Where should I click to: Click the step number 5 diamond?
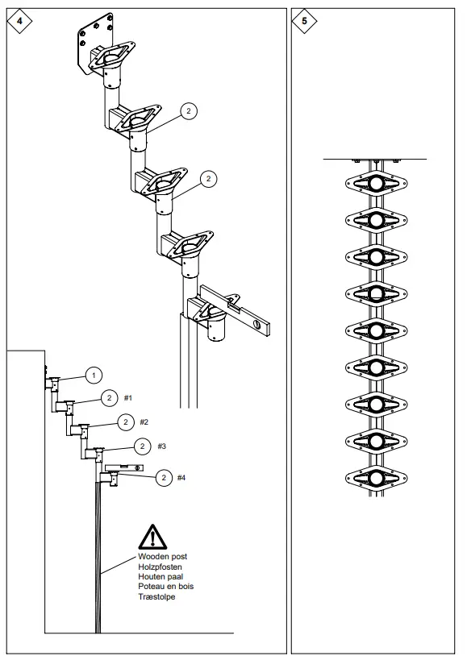[304, 21]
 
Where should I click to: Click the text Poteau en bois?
[166, 587]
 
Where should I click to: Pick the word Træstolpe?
[156, 597]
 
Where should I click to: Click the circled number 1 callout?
[94, 375]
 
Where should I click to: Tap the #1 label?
[129, 398]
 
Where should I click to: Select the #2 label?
[144, 421]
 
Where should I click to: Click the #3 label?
[161, 446]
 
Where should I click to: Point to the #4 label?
[181, 478]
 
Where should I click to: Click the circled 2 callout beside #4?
[163, 478]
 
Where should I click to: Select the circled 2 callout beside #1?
[110, 398]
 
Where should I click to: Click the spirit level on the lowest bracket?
[237, 308]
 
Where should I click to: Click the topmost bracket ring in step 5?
[376, 184]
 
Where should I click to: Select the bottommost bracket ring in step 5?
[376, 480]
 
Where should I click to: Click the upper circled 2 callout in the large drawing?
[188, 111]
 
